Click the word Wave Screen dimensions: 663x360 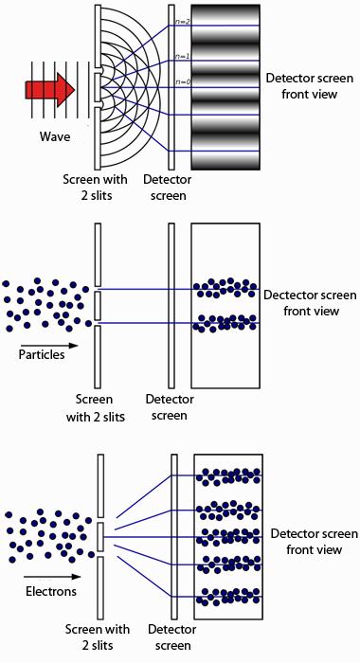pos(55,136)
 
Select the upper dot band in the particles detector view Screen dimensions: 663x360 pos(224,287)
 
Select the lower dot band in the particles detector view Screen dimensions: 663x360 pos(224,323)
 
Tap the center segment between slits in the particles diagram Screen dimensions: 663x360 pos(98,305)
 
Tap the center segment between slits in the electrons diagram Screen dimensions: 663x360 pos(100,535)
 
